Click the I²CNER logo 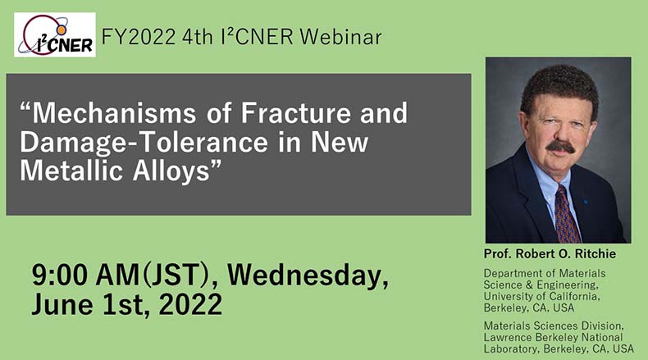click(x=55, y=34)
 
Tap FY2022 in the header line click(x=139, y=37)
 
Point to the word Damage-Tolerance click(x=144, y=142)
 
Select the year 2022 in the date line click(x=190, y=304)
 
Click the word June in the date click(x=62, y=304)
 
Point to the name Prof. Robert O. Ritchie click(x=550, y=253)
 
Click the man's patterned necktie click(x=567, y=214)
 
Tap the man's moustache click(x=561, y=147)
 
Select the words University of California click(x=541, y=296)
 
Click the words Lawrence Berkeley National click(x=553, y=337)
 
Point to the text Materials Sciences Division click(x=554, y=326)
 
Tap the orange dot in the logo click(x=62, y=30)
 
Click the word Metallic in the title click(x=71, y=171)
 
